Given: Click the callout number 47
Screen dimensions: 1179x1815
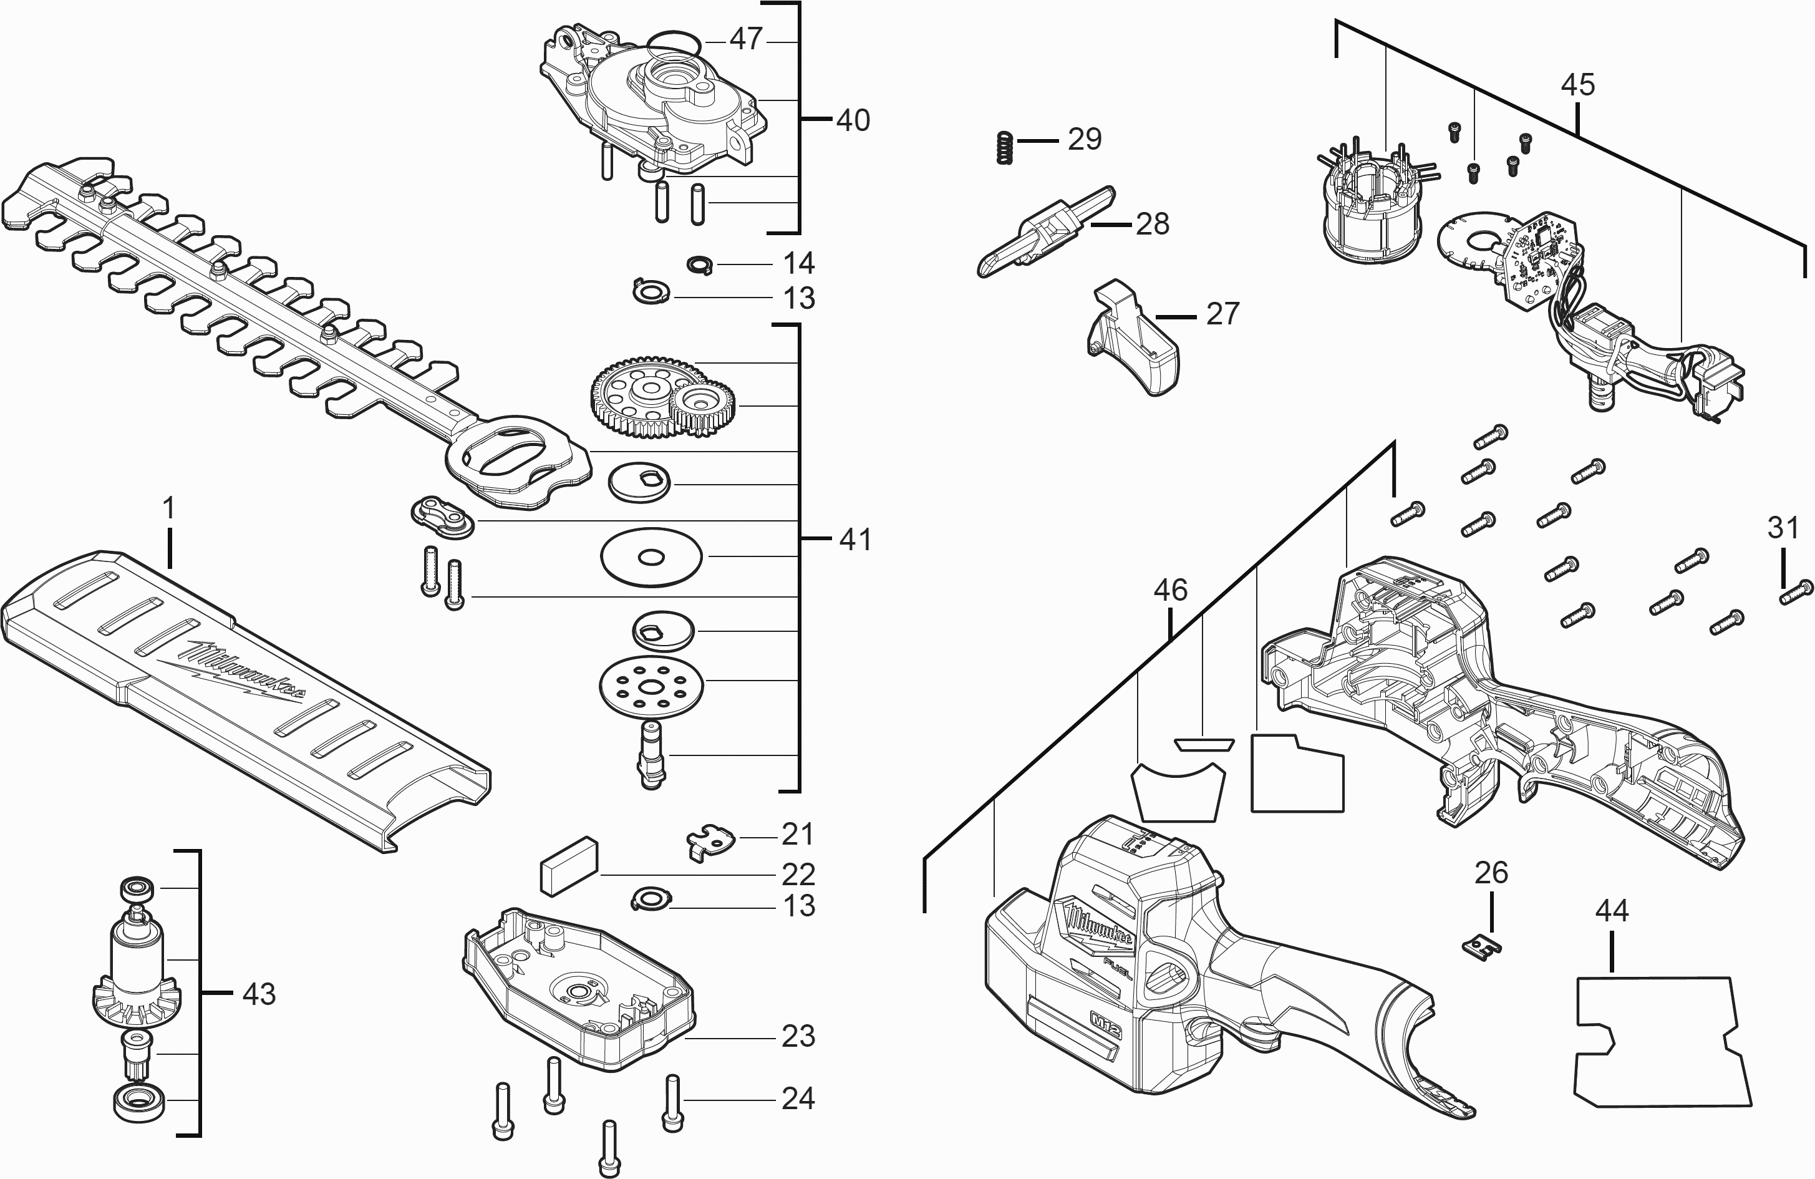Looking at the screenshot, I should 746,39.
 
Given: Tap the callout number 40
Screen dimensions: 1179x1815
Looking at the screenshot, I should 853,120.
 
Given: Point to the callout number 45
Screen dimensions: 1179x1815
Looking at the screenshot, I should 1577,85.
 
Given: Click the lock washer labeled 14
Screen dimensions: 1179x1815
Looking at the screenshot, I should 699,264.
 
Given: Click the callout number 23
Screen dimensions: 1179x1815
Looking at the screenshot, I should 798,1036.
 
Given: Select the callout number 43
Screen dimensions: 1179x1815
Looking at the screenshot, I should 258,994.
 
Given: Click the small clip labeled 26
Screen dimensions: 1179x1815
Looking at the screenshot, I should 1482,946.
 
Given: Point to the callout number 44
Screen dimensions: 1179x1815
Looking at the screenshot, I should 1612,911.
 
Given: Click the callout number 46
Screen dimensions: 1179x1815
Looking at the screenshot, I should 1170,589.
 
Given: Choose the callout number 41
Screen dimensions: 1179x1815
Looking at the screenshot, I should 855,540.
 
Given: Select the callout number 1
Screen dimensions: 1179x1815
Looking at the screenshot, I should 168,508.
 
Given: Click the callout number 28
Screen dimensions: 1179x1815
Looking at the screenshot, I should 1151,224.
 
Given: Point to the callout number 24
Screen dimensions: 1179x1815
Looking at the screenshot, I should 798,1099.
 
